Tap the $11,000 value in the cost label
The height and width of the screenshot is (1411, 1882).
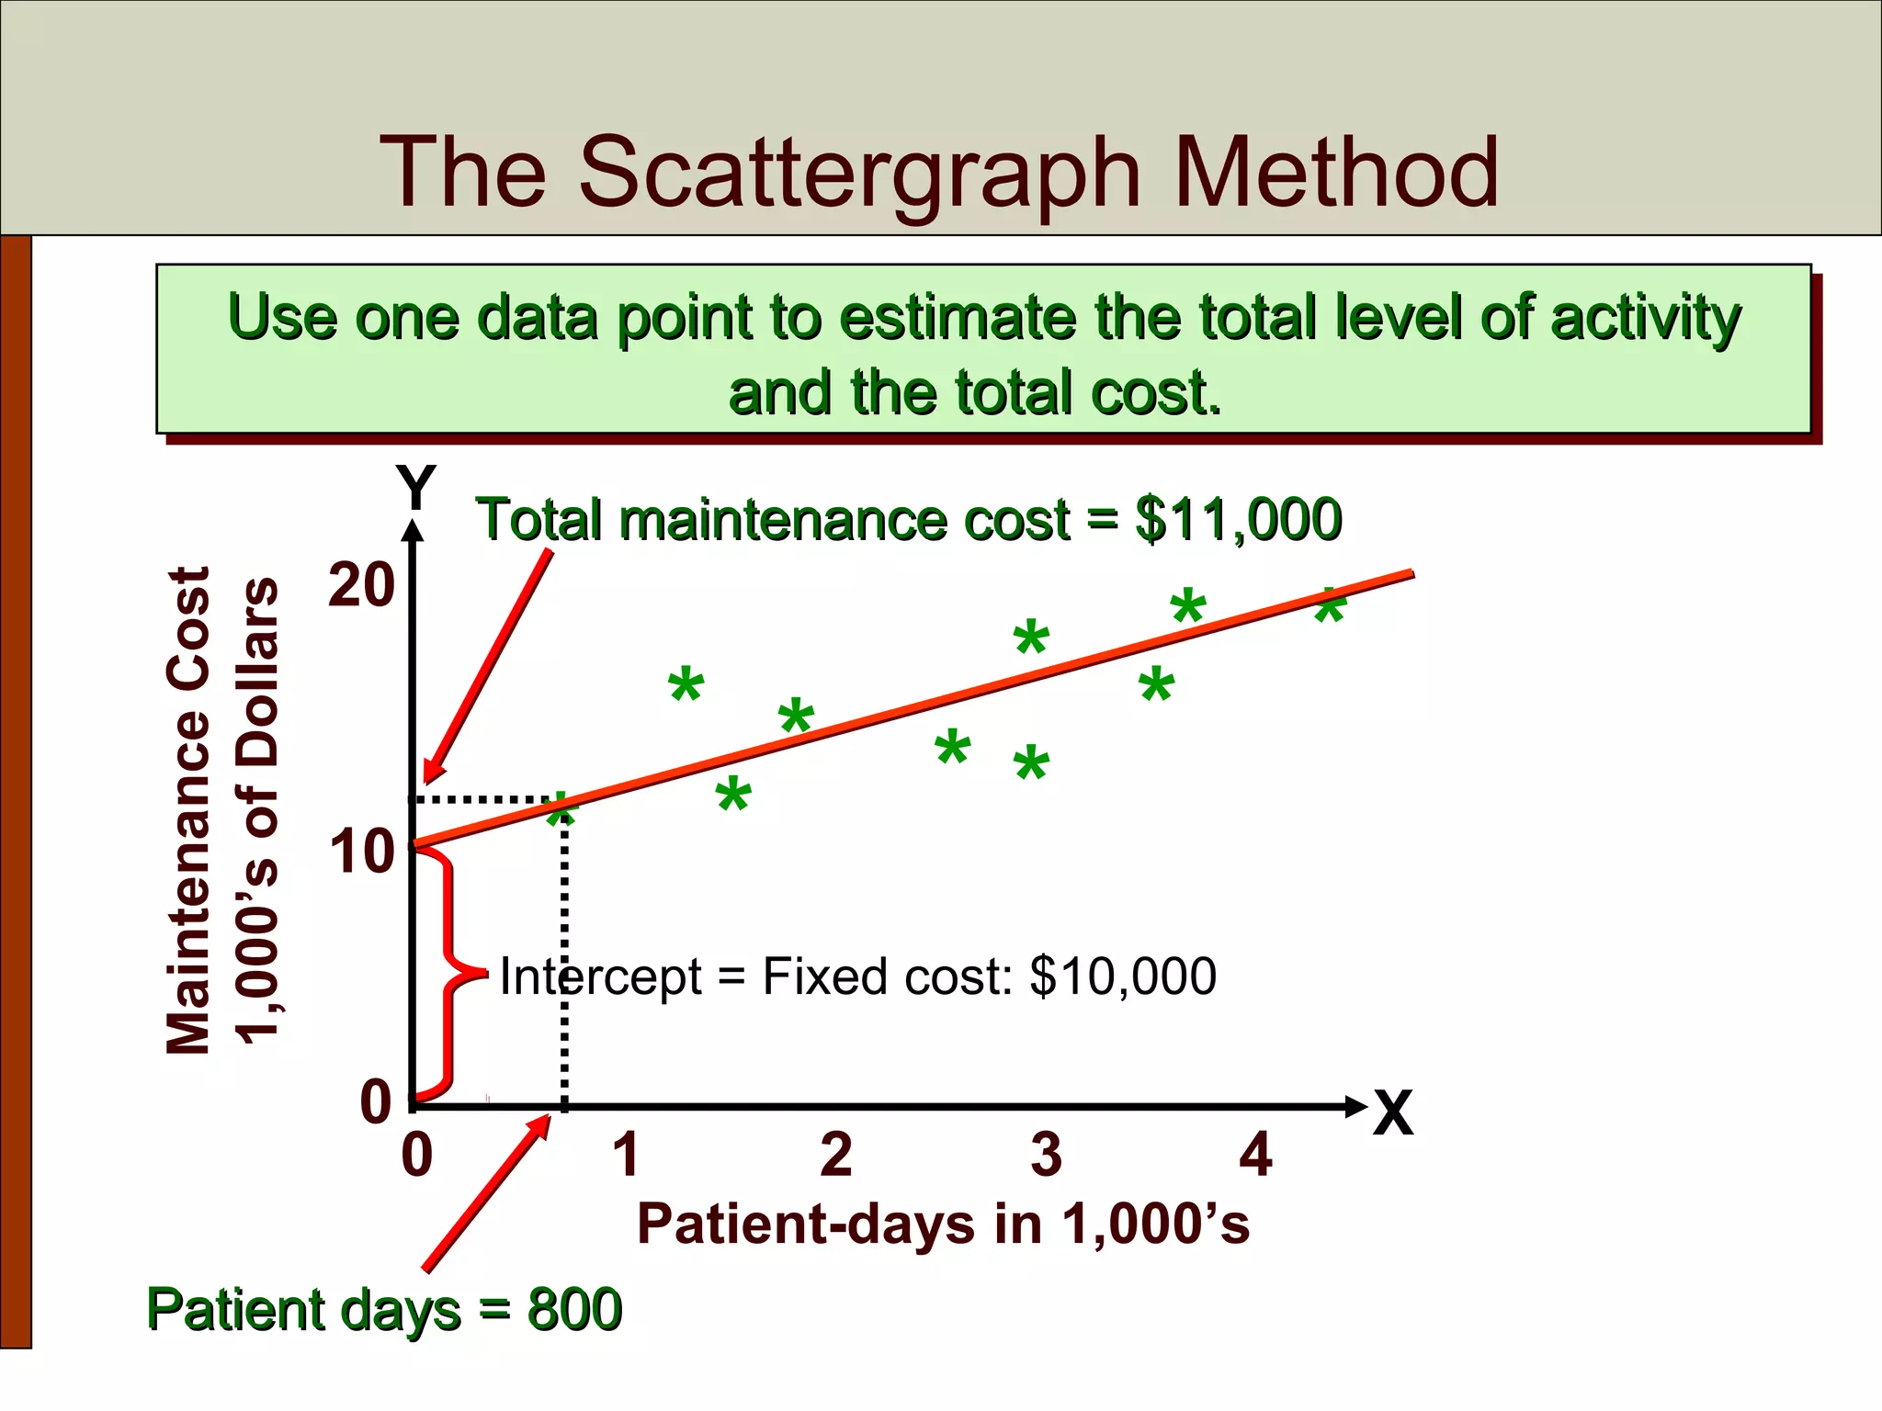tap(1238, 520)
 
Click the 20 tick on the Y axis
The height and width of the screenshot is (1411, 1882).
tap(361, 585)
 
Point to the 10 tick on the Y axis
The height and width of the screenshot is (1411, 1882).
tap(361, 852)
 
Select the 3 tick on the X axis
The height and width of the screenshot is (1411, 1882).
tap(1046, 1155)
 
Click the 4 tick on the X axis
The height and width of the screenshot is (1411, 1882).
tap(1255, 1155)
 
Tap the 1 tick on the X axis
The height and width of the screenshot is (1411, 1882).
tap(626, 1155)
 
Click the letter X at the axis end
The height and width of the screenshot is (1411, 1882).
tap(1392, 1113)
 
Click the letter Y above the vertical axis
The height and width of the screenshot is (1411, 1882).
tap(415, 487)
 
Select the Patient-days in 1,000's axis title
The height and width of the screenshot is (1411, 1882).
tap(943, 1225)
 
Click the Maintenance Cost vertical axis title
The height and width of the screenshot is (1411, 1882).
tap(189, 810)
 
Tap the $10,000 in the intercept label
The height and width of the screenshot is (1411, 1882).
tap(1123, 976)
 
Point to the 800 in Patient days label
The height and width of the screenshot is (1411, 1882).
tap(574, 1309)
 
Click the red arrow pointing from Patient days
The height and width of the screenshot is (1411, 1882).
tap(487, 1192)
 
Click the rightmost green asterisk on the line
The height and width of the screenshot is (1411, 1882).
tap(1330, 606)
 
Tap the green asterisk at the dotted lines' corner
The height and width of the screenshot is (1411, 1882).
tap(560, 810)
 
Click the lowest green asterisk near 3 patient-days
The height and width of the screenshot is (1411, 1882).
tap(1031, 764)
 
